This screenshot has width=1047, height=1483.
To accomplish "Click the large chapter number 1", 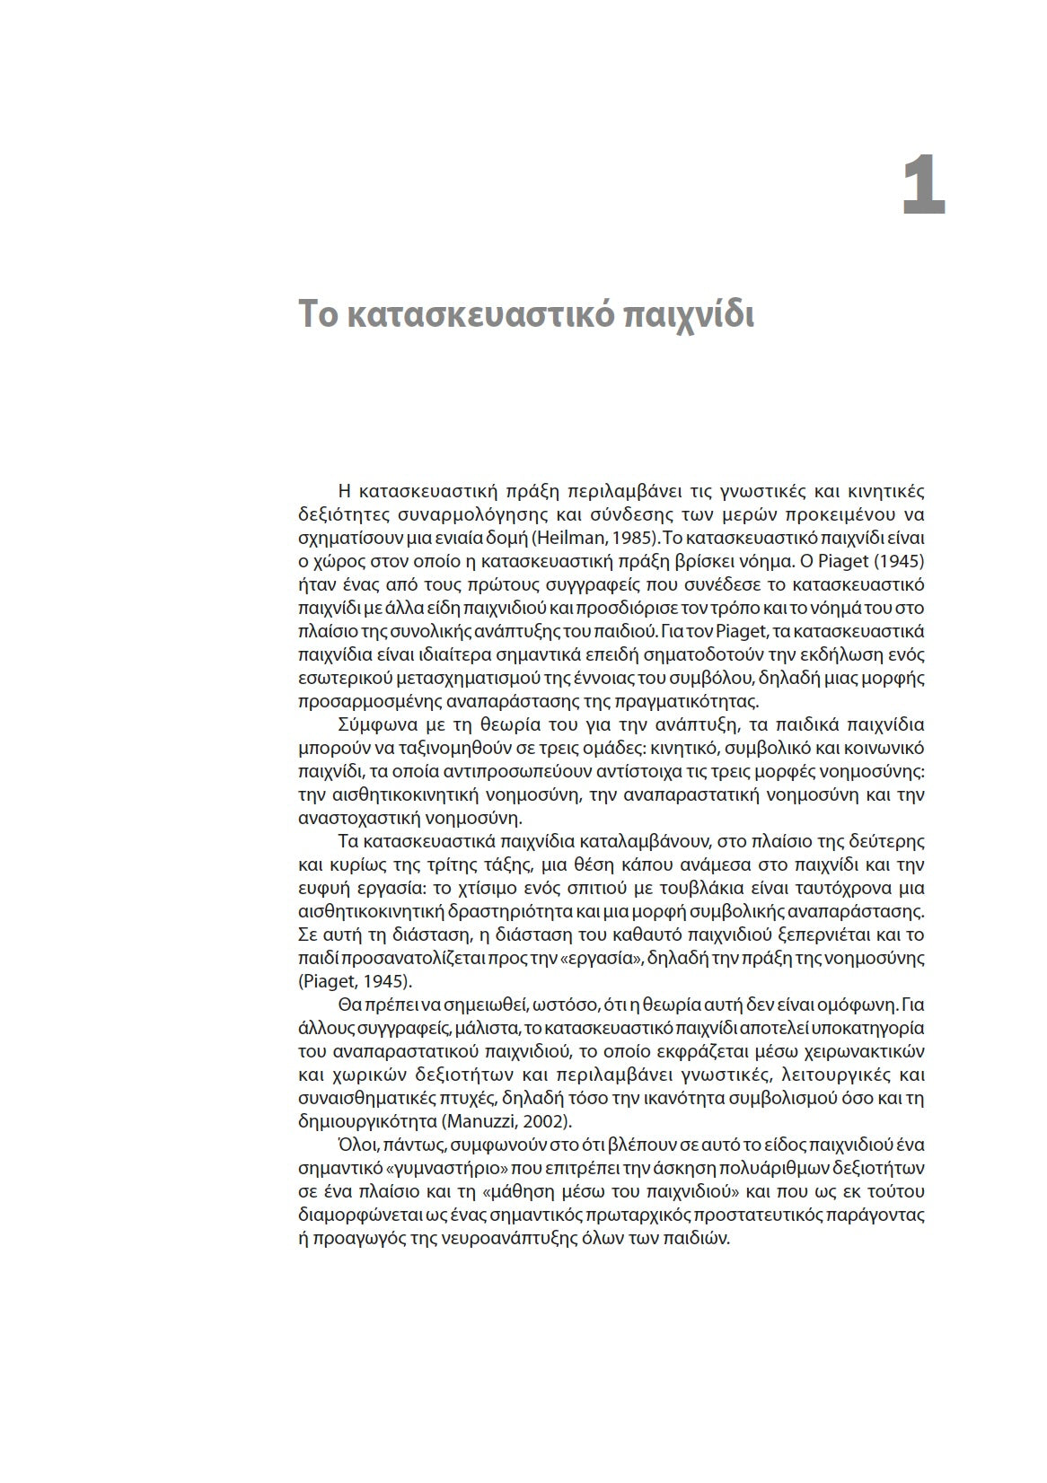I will [x=924, y=186].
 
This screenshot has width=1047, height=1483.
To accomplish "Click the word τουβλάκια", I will [x=770, y=889].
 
